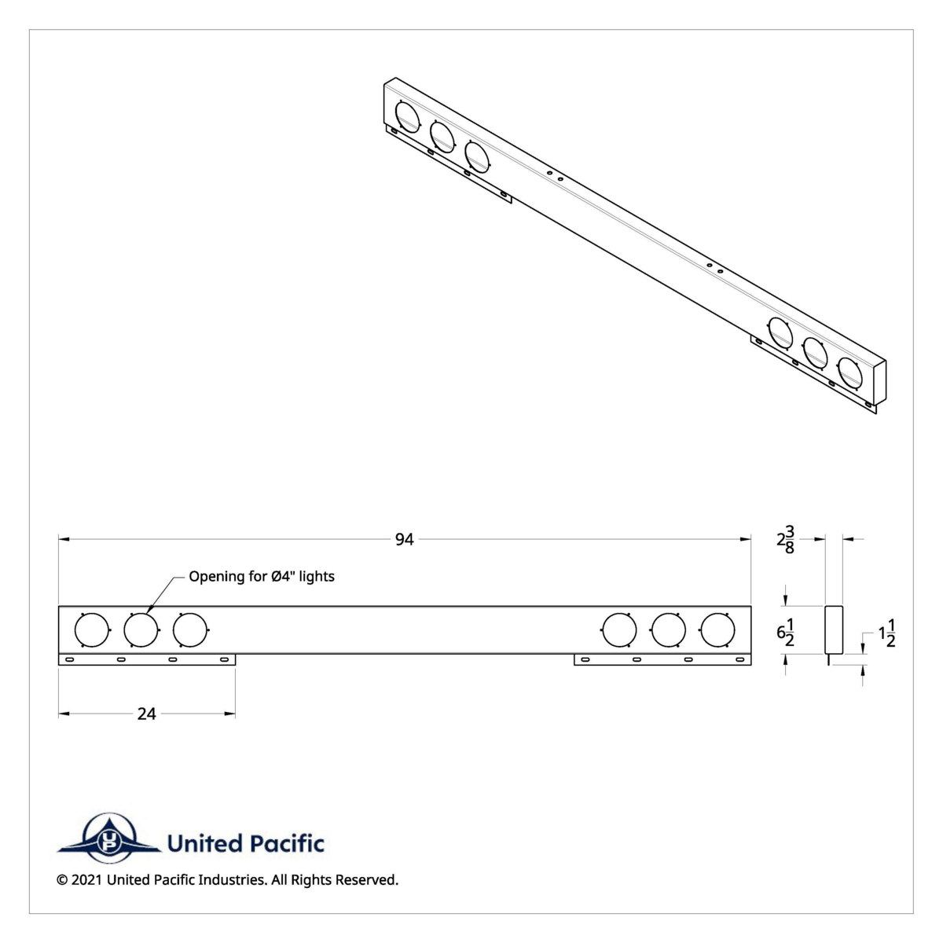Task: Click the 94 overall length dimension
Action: pos(404,539)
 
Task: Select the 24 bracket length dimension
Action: pos(147,714)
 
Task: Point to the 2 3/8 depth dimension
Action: pos(785,541)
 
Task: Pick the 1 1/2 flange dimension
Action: pos(887,633)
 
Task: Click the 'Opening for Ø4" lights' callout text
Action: pos(262,577)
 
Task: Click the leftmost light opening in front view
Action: pos(91,629)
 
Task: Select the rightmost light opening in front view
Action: pos(717,629)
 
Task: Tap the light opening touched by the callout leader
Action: pos(141,629)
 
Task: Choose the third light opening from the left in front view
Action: pos(189,629)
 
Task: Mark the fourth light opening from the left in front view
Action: pos(618,629)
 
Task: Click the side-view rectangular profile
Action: pos(833,629)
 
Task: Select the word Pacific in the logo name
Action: pos(286,845)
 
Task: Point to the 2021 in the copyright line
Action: pos(86,880)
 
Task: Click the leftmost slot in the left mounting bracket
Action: pos(70,659)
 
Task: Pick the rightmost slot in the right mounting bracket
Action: pos(739,659)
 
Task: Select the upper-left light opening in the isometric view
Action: pos(407,116)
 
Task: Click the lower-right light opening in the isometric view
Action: pos(849,371)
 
